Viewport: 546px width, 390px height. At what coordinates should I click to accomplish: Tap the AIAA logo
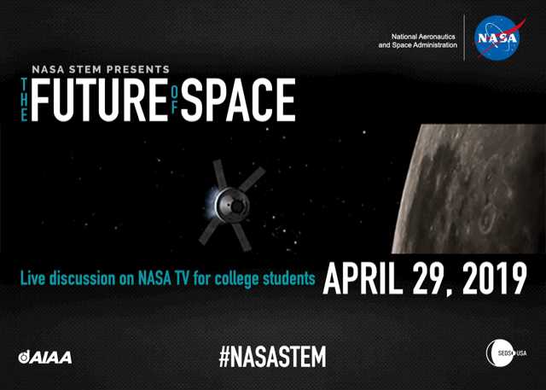pos(44,356)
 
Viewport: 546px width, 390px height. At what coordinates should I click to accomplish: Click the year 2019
pos(489,276)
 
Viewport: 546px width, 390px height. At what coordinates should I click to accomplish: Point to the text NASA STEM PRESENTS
pos(101,69)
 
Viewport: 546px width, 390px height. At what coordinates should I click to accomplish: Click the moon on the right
pos(482,188)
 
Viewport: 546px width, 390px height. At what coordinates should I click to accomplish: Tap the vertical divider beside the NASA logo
pos(466,38)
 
